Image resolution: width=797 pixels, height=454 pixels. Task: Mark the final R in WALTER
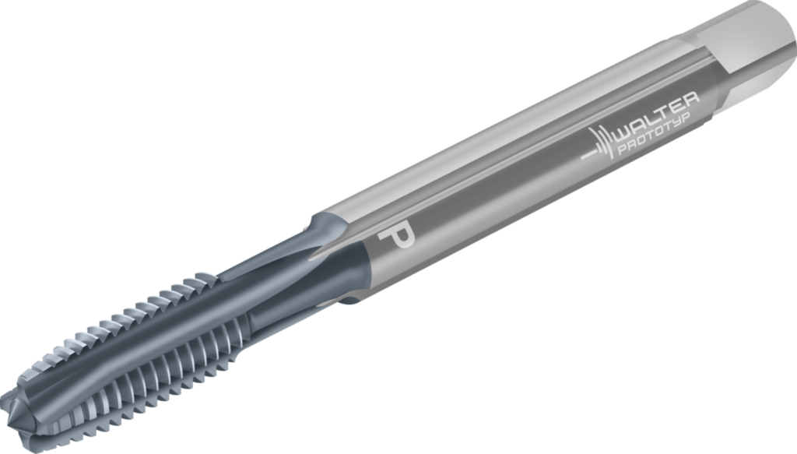pos(693,99)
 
